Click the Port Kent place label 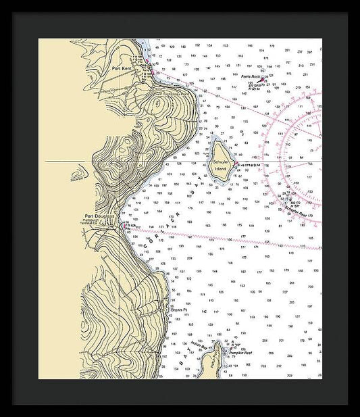click(x=122, y=68)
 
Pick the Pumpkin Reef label click(x=240, y=353)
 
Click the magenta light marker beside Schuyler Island click(x=236, y=162)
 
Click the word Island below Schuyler click(x=220, y=168)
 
